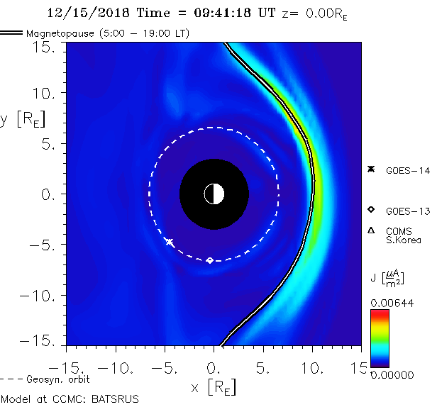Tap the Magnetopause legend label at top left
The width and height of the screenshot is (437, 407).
[106, 33]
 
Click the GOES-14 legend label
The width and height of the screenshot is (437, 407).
[407, 170]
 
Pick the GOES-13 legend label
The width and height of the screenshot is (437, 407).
[407, 211]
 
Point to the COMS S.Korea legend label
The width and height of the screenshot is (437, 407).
[404, 235]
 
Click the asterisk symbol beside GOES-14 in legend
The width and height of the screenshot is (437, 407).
[370, 169]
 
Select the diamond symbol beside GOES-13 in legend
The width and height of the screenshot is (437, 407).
[370, 210]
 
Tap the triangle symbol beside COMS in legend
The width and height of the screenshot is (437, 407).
[370, 230]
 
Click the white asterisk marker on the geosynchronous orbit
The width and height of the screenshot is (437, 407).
[169, 242]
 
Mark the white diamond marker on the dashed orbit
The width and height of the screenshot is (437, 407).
[209, 260]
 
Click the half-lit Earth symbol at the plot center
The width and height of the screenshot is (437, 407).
[214, 194]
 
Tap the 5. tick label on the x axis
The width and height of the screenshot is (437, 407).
[263, 369]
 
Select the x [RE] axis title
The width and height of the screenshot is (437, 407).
[214, 388]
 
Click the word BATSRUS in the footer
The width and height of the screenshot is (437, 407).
[116, 399]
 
